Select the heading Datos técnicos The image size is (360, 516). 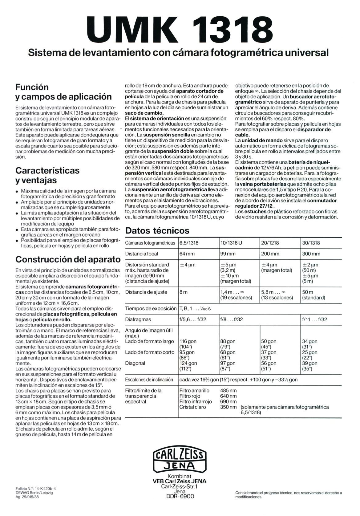pyautogui.click(x=157, y=230)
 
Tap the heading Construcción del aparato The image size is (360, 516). pyautogui.click(x=68, y=258)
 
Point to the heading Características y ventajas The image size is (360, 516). pyautogui.click(x=47, y=175)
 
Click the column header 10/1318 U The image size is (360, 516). pyautogui.click(x=231, y=243)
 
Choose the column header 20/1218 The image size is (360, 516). pyautogui.click(x=270, y=243)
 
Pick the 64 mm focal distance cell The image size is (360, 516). pyautogui.click(x=187, y=254)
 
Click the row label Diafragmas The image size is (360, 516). pyautogui.click(x=138, y=319)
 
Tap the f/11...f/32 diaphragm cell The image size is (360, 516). pyautogui.click(x=314, y=319)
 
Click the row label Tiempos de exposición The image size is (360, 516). pyautogui.click(x=150, y=308)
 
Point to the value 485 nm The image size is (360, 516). pyautogui.click(x=228, y=390)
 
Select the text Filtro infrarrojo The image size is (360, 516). pyautogui.click(x=196, y=401)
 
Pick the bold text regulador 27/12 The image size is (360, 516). pyautogui.click(x=255, y=206)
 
